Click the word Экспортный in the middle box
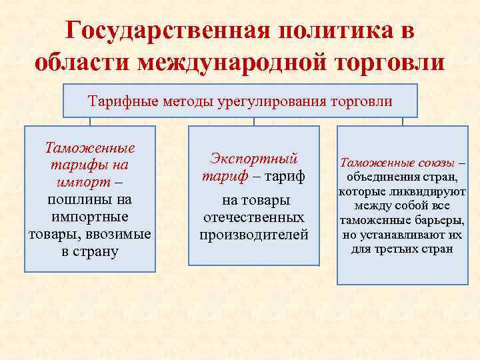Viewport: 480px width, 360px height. point(253,159)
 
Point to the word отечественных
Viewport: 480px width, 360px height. point(253,217)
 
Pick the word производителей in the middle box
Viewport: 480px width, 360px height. point(253,235)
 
